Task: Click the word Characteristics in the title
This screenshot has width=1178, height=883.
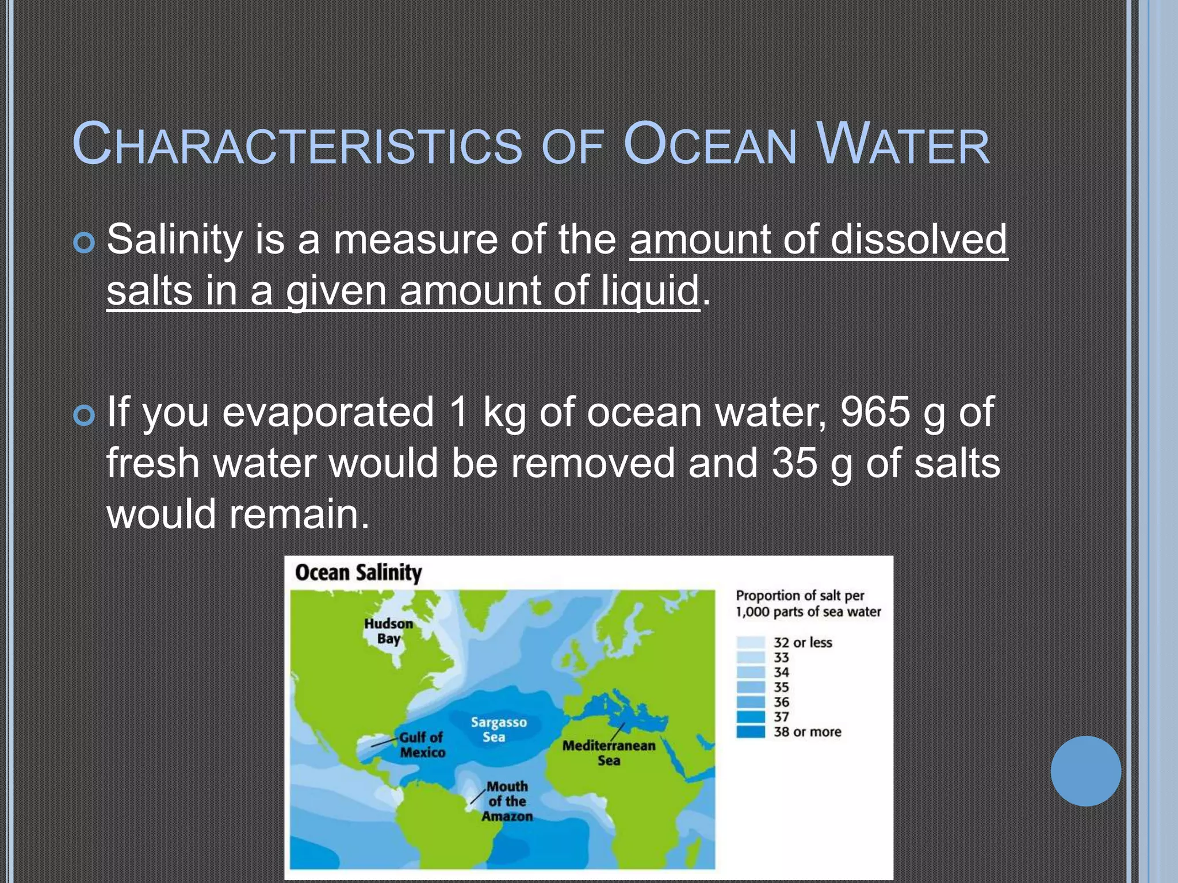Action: pos(297,145)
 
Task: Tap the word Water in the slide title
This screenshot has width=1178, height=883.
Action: pos(903,145)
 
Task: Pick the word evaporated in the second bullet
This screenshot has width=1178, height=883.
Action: pos(328,412)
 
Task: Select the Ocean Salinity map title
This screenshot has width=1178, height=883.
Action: pos(358,573)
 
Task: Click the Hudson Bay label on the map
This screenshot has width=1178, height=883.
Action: pos(389,631)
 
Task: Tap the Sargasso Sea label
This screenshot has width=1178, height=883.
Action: pos(498,730)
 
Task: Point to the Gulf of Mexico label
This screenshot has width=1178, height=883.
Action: pos(422,744)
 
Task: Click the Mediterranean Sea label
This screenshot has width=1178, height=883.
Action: pos(609,753)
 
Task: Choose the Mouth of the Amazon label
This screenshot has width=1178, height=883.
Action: pos(507,801)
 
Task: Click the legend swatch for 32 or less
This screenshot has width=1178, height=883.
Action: pos(751,643)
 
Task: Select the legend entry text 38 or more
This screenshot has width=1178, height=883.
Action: pos(807,732)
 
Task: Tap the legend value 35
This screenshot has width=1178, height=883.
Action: pos(781,688)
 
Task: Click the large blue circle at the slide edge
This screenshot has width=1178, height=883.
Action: pos(1085,771)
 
